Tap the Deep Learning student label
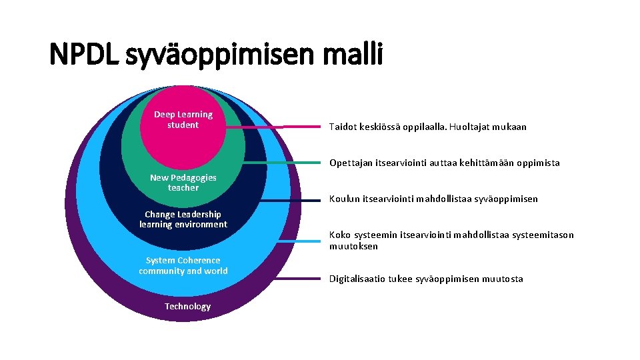tap(183, 120)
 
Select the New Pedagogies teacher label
tap(183, 183)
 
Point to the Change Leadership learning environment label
tap(183, 219)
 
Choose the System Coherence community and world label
tap(183, 265)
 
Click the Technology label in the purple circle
tap(187, 307)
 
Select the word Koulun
tap(344, 199)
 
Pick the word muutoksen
tap(353, 246)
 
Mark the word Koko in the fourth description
tap(339, 235)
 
